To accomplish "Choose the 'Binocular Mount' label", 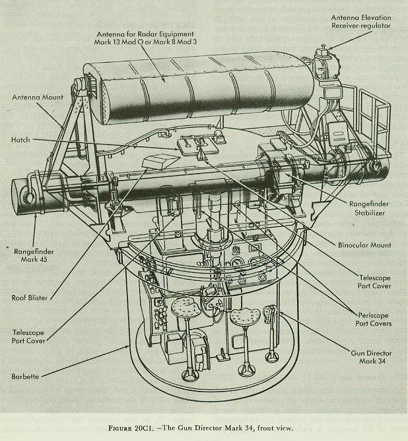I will (x=364, y=245).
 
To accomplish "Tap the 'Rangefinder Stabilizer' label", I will (x=366, y=208).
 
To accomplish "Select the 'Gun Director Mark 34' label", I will (x=370, y=358).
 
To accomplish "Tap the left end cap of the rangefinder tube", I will (x=21, y=194).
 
